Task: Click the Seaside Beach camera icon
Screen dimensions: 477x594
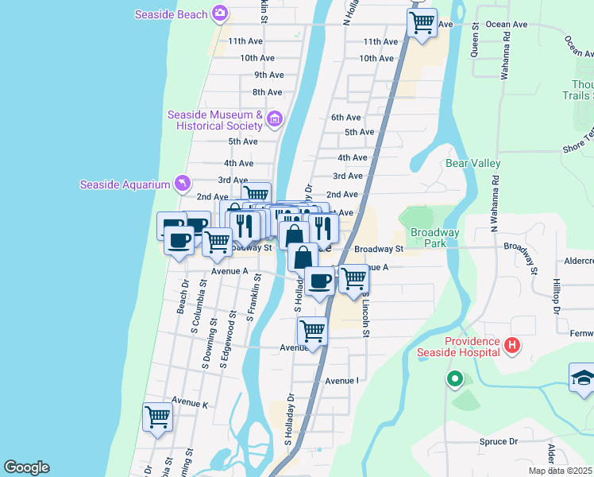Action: tap(220, 14)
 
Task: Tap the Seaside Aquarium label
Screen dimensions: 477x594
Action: tap(125, 184)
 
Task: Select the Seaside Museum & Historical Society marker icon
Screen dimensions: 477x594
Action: tap(275, 120)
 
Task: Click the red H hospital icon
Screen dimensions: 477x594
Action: tap(512, 346)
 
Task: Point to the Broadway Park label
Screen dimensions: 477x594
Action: tap(434, 238)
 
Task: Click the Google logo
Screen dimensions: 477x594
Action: tap(26, 467)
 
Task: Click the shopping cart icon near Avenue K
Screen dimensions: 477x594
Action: tap(157, 417)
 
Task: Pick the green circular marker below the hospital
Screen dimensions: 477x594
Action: tap(454, 379)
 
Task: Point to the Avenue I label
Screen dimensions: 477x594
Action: tap(341, 381)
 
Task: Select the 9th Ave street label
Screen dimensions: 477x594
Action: tap(268, 75)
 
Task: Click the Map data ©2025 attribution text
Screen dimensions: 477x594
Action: tap(561, 471)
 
